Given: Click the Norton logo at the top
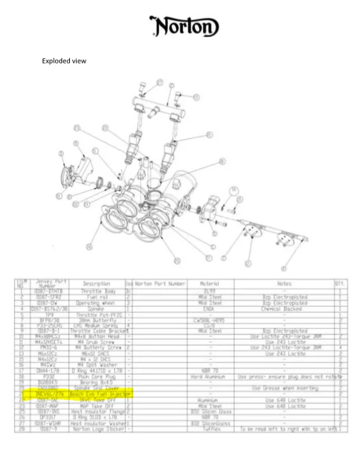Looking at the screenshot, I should (x=184, y=26).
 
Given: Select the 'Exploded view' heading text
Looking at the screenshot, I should (x=64, y=61).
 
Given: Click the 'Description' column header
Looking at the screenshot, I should (x=96, y=284).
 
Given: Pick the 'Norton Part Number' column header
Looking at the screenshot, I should (x=160, y=284).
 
